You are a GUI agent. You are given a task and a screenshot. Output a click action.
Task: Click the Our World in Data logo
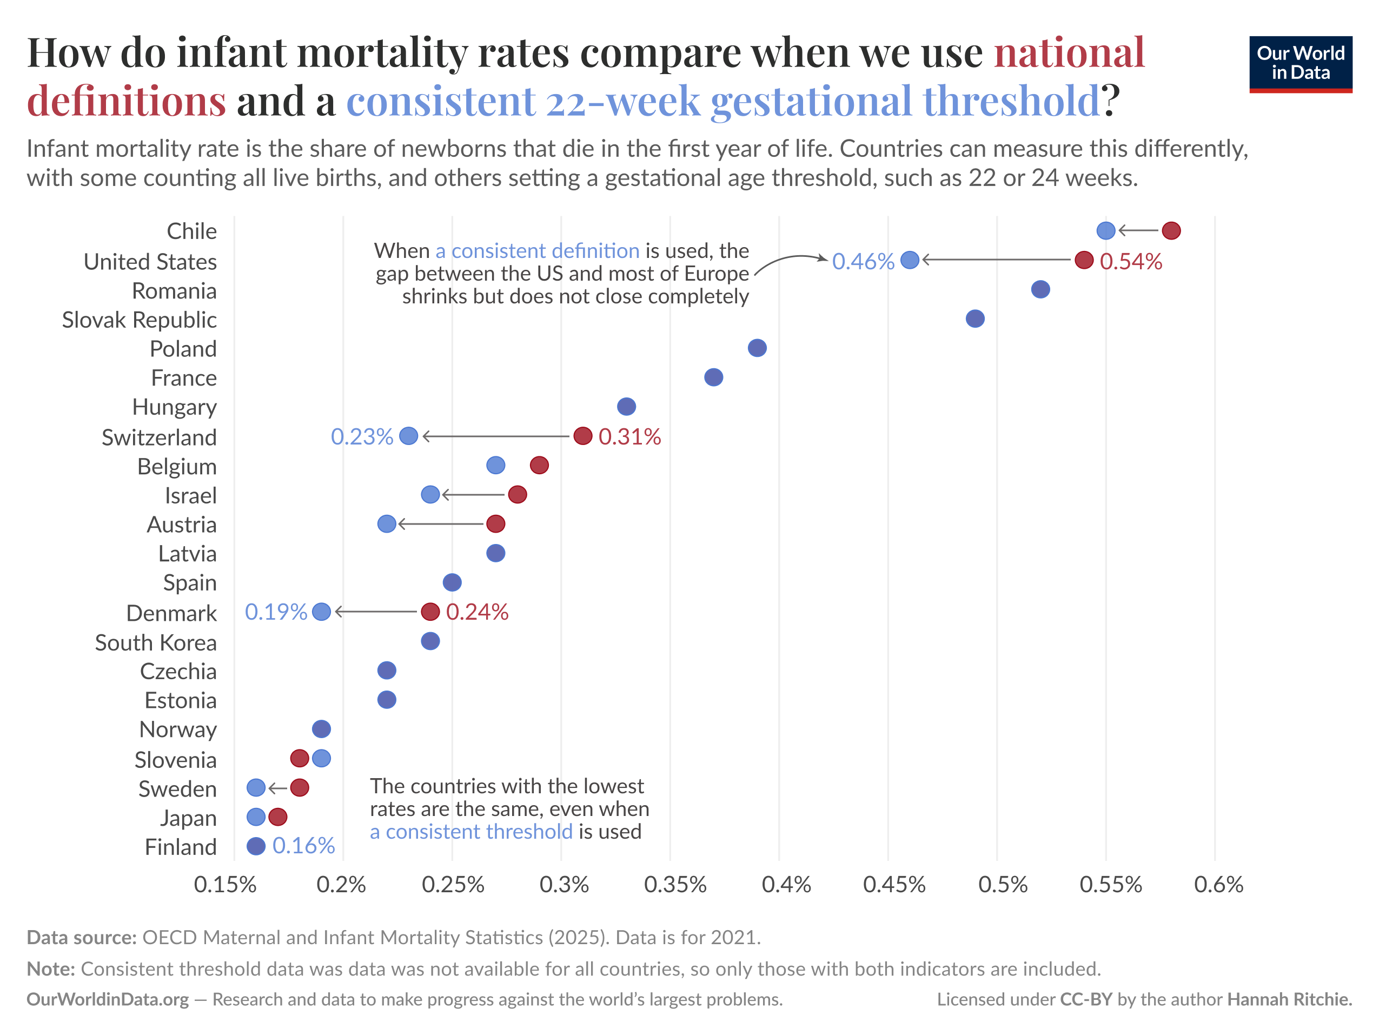coord(1300,64)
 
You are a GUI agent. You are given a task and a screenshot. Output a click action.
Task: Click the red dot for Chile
coord(1171,231)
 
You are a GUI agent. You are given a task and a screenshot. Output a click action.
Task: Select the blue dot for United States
coord(910,260)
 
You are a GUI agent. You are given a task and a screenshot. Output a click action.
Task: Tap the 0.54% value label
coord(1130,261)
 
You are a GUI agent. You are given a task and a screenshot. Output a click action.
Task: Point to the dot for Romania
coord(1040,289)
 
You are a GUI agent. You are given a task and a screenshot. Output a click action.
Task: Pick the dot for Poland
coord(757,348)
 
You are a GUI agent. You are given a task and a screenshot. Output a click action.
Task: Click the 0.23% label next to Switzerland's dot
coord(362,436)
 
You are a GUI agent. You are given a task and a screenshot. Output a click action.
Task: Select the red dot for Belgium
coord(539,465)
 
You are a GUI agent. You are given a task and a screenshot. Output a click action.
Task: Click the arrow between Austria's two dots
coord(441,524)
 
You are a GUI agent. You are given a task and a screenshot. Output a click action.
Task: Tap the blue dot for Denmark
coord(321,612)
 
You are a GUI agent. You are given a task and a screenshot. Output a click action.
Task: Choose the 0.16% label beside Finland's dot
coord(303,845)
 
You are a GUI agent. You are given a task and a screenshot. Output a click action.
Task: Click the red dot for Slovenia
coord(299,758)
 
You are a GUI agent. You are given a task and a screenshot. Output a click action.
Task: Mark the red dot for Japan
coord(277,817)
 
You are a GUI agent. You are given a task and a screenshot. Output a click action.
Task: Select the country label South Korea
coord(156,642)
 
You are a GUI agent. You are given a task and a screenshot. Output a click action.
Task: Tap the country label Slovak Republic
coord(139,320)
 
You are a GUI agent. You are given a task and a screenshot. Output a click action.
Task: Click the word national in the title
coord(1069,52)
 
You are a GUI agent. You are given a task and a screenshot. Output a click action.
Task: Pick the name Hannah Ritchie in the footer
coord(1289,999)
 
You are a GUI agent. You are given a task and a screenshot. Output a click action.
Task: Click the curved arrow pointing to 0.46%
coord(788,261)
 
